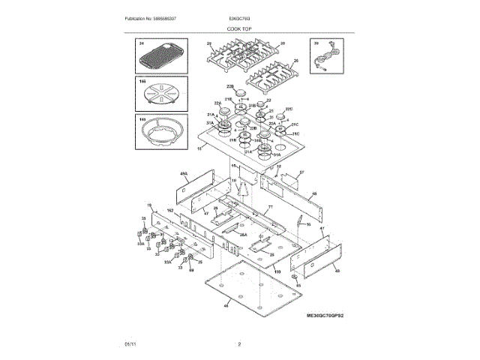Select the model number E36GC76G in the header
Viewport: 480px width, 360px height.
pyautogui.click(x=240, y=18)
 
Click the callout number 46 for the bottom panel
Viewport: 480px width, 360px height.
pyautogui.click(x=227, y=306)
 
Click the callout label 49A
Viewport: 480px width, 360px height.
pyautogui.click(x=182, y=174)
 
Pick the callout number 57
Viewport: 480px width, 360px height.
pyautogui.click(x=301, y=172)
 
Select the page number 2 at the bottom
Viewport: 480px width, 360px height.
pyautogui.click(x=239, y=344)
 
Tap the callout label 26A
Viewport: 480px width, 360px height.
pyautogui.click(x=242, y=235)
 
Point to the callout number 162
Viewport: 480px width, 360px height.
pyautogui.click(x=170, y=212)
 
